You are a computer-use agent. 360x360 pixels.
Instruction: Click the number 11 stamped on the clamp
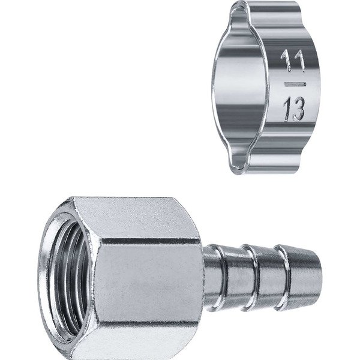point(293,61)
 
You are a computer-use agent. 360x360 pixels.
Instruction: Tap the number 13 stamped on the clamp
point(294,109)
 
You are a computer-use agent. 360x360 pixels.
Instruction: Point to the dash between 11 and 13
point(295,84)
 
